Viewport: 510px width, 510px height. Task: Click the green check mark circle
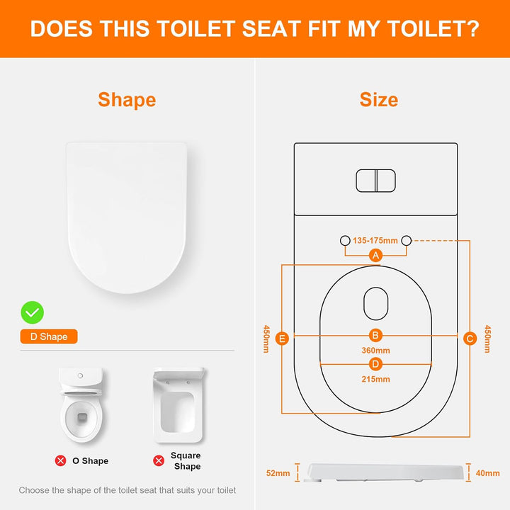(32, 312)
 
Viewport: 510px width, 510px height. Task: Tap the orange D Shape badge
(49, 336)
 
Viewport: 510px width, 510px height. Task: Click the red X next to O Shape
(60, 460)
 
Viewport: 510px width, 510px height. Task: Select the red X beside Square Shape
(159, 460)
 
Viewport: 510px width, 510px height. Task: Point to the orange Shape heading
(127, 100)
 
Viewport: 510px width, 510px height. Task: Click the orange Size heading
(379, 100)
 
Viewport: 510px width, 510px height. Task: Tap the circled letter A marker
(375, 255)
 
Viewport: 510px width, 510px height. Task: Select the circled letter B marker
(375, 335)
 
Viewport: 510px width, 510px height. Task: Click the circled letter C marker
(470, 339)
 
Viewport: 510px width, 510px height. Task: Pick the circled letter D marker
(375, 364)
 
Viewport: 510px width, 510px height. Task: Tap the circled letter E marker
(282, 339)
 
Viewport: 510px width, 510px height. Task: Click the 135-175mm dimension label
(375, 241)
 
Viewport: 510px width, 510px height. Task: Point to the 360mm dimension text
(375, 351)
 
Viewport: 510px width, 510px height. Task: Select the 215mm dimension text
(375, 379)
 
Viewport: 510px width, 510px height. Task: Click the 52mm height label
(278, 473)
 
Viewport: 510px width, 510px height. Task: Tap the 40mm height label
(487, 473)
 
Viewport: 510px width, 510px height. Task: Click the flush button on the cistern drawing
(375, 181)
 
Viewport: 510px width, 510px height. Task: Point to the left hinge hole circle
(345, 241)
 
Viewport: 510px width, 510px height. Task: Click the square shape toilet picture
(178, 405)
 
